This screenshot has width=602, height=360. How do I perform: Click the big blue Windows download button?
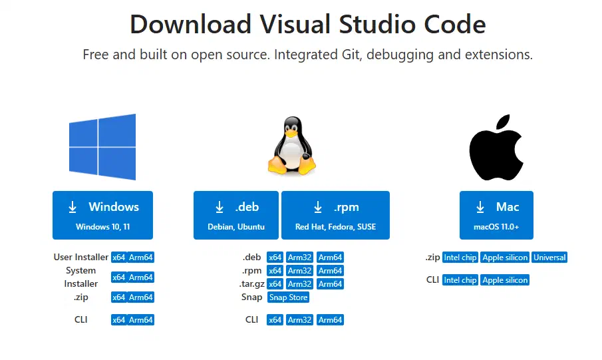[x=102, y=215]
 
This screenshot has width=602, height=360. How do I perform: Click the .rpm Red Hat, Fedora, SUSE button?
[x=335, y=215]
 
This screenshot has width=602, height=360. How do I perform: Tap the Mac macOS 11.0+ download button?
[x=496, y=215]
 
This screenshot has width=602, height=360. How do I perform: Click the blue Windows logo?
[x=102, y=146]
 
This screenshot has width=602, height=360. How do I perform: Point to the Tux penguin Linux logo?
[x=291, y=146]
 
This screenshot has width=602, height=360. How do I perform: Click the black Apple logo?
[x=496, y=146]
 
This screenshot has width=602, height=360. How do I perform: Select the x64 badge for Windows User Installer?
[x=118, y=258]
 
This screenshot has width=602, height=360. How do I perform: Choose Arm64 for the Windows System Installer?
[x=141, y=277]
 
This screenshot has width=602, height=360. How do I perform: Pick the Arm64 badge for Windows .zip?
[x=141, y=297]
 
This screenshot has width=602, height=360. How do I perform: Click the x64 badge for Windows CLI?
[x=118, y=320]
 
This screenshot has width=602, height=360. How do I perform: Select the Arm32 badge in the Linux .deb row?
[x=300, y=258]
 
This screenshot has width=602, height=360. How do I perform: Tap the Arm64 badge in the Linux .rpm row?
[x=330, y=271]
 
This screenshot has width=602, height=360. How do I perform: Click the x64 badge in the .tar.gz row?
[x=275, y=284]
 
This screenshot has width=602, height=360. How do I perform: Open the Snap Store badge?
[x=288, y=297]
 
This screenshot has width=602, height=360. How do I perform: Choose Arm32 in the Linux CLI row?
[x=300, y=320]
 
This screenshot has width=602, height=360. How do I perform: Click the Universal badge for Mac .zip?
[x=549, y=258]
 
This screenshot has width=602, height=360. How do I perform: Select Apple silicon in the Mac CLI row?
[x=505, y=280]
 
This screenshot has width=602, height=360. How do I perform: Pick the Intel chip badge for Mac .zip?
[x=460, y=258]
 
